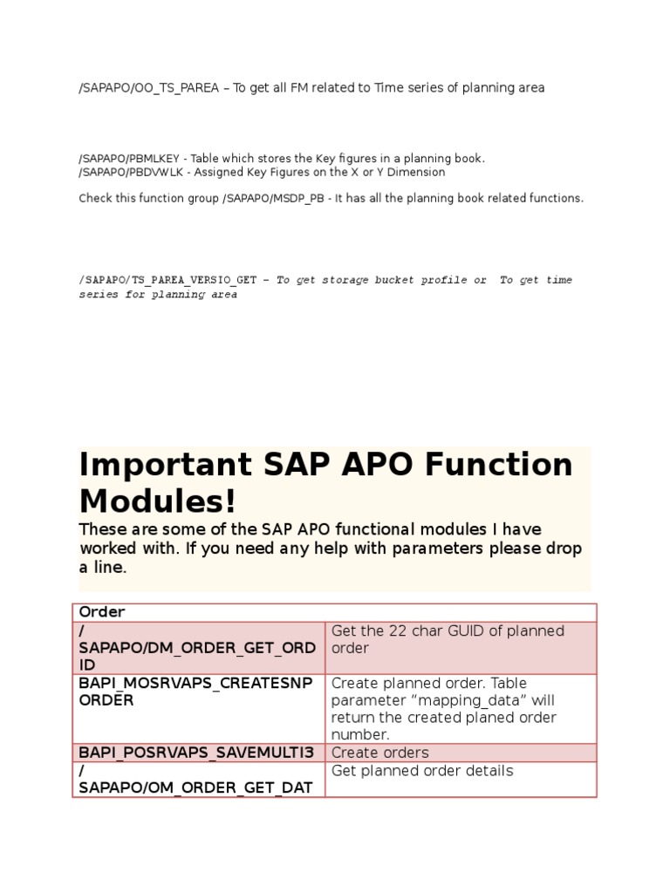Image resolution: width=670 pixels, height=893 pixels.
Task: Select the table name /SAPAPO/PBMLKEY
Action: [x=129, y=159]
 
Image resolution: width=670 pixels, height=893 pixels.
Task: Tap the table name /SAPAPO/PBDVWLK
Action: [x=129, y=172]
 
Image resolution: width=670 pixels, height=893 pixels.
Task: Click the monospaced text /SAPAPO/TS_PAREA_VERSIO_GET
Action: [x=167, y=280]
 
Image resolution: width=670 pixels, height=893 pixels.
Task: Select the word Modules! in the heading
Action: [x=158, y=501]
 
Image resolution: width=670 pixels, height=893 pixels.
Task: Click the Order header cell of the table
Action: [x=102, y=612]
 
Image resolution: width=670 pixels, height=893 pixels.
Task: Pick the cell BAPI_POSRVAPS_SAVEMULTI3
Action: [x=198, y=753]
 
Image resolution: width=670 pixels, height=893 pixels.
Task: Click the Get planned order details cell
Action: [x=422, y=770]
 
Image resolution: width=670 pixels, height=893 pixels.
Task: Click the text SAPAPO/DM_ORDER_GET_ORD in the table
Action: [x=196, y=648]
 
